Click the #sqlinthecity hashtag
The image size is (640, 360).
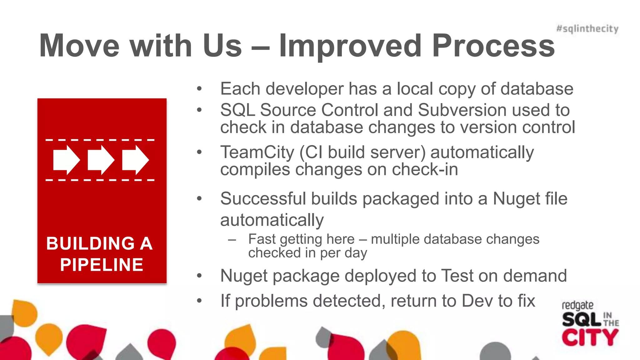[x=587, y=29]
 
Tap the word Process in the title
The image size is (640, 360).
[x=493, y=46]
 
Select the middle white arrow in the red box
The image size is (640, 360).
[x=101, y=160]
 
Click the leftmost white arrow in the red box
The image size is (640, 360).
[x=67, y=160]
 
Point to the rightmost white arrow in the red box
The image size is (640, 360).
[x=135, y=160]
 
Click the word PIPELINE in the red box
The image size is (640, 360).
[x=102, y=265]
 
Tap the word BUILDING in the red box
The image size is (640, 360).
[x=91, y=243]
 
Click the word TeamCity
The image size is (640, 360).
[x=257, y=152]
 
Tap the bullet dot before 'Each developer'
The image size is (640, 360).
[x=199, y=89]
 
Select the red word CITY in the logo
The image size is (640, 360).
[x=590, y=337]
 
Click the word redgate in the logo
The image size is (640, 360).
[x=577, y=305]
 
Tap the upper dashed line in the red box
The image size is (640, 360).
[x=100, y=140]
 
